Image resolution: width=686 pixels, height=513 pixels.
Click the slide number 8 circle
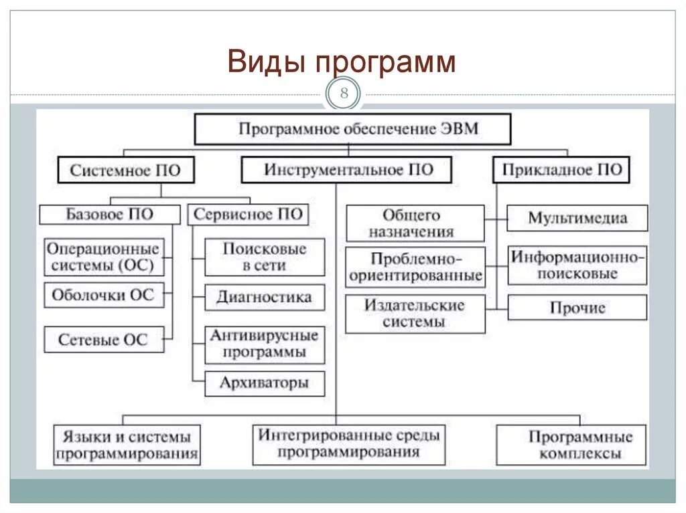click(344, 94)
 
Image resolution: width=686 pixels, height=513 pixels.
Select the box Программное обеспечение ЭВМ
click(352, 129)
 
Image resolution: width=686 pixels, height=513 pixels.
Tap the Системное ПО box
click(125, 171)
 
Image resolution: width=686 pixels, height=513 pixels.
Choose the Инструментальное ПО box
click(347, 170)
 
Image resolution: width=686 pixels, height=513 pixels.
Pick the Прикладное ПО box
click(561, 170)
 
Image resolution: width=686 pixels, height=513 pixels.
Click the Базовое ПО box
click(110, 215)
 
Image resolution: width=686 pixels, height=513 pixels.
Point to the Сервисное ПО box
click(247, 215)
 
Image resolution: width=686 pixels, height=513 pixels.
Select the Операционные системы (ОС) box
click(104, 258)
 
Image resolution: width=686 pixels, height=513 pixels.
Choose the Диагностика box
click(264, 298)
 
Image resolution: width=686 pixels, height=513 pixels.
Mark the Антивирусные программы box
click(264, 344)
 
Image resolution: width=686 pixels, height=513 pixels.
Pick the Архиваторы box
click(264, 383)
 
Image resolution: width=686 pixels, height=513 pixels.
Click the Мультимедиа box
click(577, 218)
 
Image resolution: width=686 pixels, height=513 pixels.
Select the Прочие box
click(577, 308)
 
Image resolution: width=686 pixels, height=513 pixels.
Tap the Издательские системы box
click(415, 314)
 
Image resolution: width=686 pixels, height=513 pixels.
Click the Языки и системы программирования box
click(127, 445)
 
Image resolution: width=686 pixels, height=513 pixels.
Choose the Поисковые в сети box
click(264, 258)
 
